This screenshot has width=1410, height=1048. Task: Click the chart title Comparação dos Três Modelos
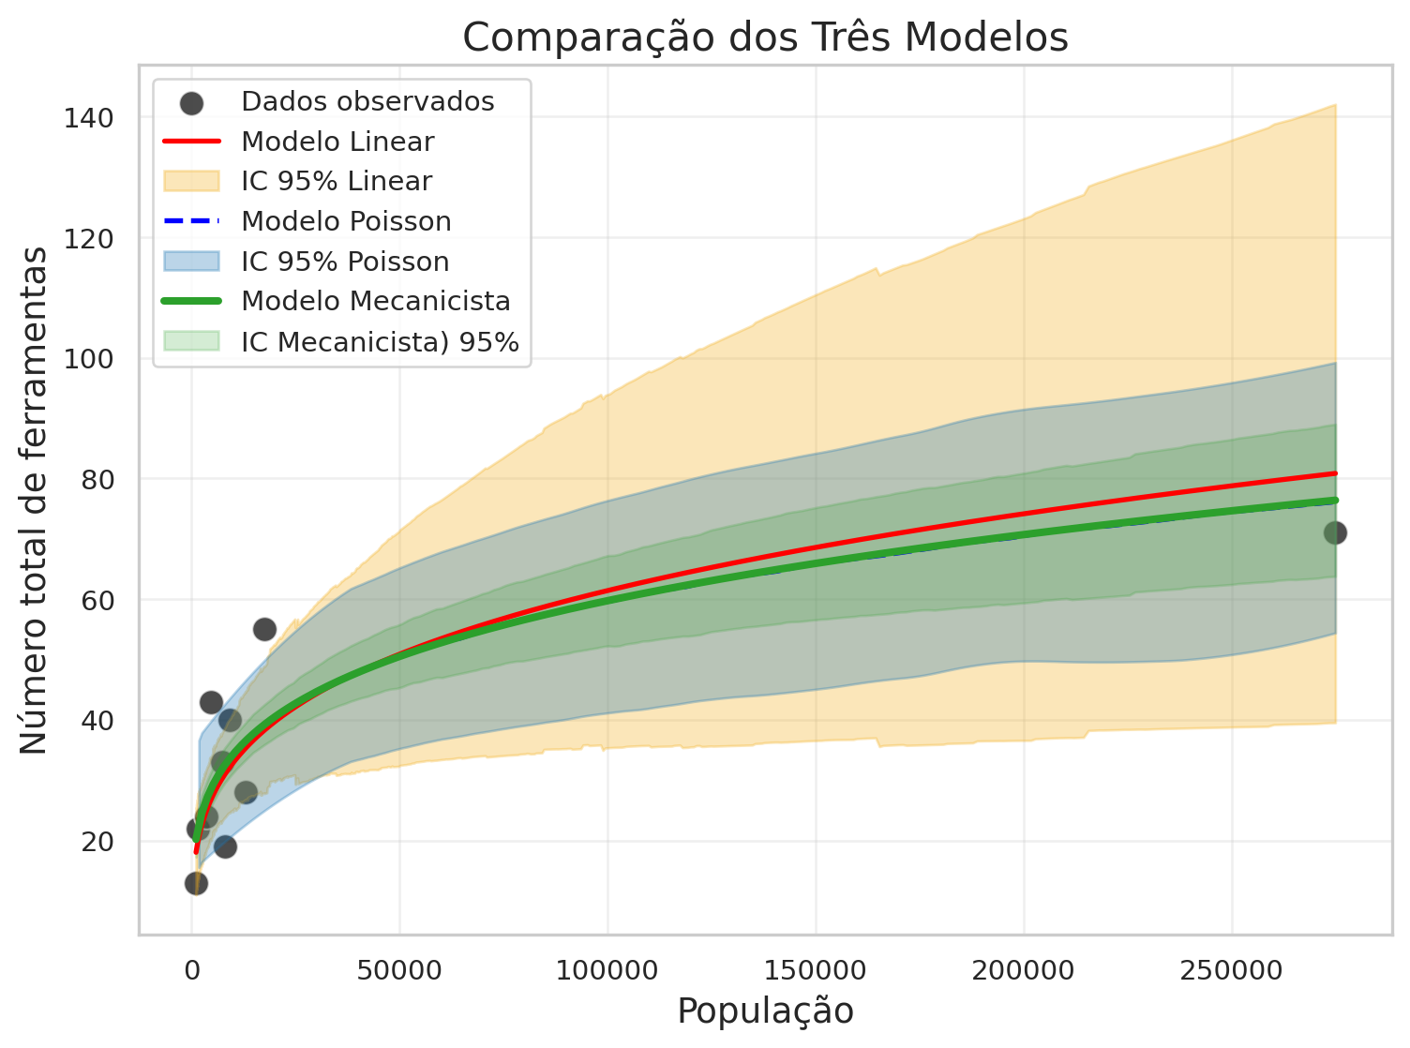point(765,37)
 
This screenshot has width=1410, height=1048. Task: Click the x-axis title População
point(765,1011)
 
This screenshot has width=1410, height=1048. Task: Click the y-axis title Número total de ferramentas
point(34,500)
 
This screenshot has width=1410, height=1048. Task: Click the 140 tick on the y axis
point(89,118)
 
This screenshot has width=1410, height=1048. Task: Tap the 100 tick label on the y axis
point(89,359)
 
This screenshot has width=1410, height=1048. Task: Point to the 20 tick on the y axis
point(97,842)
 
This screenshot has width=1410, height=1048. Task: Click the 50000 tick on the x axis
point(399,969)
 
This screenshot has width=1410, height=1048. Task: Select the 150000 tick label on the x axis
point(816,969)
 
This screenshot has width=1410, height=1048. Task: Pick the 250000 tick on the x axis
point(1231,969)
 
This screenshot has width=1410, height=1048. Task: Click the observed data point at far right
point(1335,532)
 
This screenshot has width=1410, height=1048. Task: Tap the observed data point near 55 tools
point(264,629)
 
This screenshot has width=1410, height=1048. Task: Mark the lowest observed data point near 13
point(196,883)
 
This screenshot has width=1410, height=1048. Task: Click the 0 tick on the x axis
point(192,969)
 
